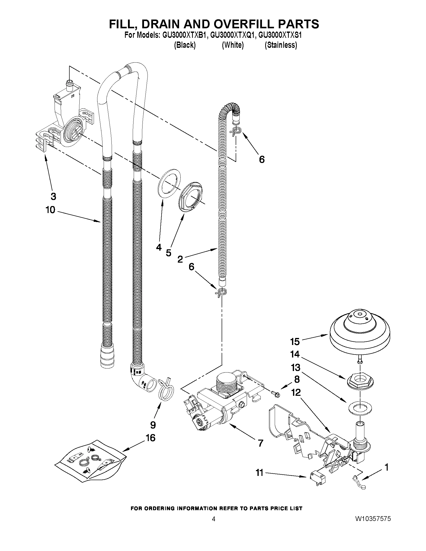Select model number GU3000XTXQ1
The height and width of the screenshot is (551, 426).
click(233, 35)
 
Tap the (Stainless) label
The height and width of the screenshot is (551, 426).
click(281, 45)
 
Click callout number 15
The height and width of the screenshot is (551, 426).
click(295, 342)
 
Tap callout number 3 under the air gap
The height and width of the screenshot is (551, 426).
click(53, 197)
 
